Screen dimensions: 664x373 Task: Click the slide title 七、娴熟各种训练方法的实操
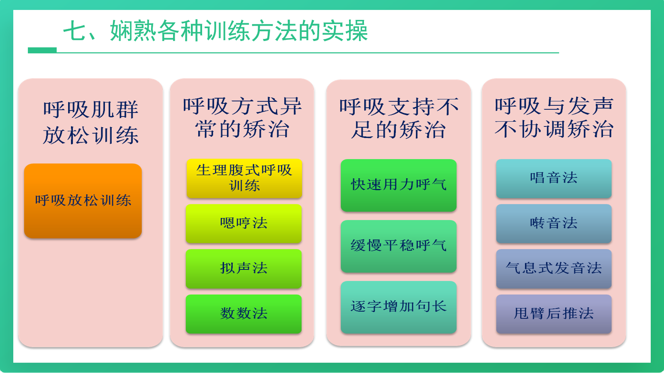coord(215,31)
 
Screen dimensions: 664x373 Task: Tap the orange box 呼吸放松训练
coord(83,201)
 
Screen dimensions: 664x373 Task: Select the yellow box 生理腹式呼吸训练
coord(244,178)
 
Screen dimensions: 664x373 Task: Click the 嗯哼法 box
coord(244,223)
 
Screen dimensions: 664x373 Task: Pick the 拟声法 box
coord(244,269)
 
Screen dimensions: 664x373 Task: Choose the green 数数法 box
coord(244,314)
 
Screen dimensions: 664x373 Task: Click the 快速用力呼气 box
coord(398,185)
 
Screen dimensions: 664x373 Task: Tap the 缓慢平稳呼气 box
coord(398,246)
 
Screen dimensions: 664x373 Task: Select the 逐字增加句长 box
coord(398,307)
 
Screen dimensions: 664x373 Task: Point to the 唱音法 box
coord(554,179)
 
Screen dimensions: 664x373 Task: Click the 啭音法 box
coord(554,223)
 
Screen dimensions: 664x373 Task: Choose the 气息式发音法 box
coord(554,269)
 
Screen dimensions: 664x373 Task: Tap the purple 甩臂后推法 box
coord(554,314)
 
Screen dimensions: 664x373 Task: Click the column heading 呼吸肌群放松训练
coord(91,122)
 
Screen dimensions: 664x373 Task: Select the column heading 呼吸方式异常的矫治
coord(242,118)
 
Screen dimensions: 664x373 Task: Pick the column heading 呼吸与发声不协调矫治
coord(554,118)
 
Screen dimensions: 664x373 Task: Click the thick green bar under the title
coord(42,50)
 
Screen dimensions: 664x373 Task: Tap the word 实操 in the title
coord(345,31)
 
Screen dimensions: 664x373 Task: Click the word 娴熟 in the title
coord(133,31)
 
